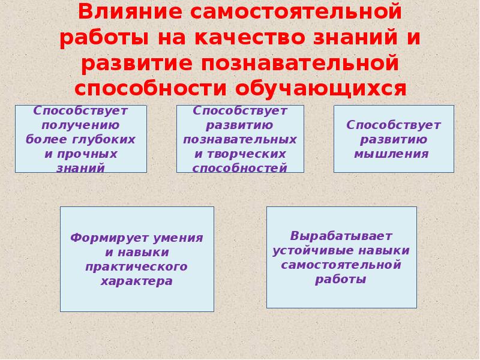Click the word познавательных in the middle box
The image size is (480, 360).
pos(240,140)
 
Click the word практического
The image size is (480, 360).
pos(137,266)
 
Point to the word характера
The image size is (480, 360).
pos(137,280)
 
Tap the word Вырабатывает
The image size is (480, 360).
pos(341,235)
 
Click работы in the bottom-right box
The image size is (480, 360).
pos(341,279)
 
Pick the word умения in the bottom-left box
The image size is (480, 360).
pos(175,238)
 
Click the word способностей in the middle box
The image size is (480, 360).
pos(240,169)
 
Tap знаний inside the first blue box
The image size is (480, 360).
pos(80,169)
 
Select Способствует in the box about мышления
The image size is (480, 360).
pos(393,125)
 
